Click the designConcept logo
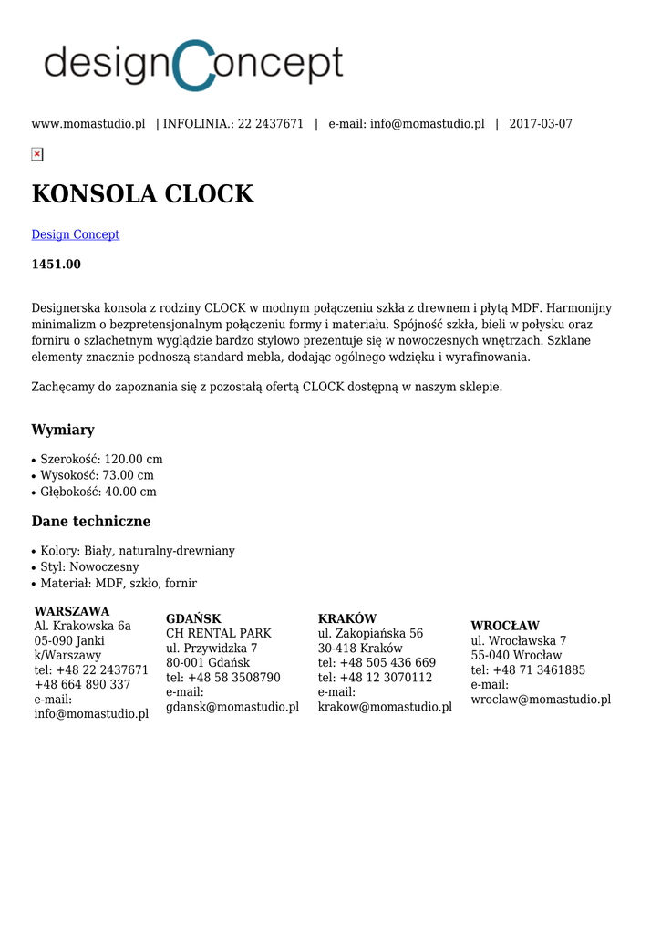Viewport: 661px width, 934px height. tap(193, 65)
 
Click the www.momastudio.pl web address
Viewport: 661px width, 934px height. tap(88, 124)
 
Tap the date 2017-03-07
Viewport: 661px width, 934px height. tap(541, 124)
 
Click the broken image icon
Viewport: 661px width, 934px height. tap(37, 154)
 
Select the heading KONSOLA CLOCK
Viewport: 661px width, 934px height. tap(142, 194)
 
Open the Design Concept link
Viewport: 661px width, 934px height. tap(76, 234)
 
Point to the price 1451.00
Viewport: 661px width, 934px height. tap(57, 265)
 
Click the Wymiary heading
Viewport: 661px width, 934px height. tap(63, 430)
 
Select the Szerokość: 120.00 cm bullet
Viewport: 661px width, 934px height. tap(101, 460)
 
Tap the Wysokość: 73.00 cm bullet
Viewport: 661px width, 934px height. tap(97, 476)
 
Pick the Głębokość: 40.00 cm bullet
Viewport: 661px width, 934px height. tap(98, 493)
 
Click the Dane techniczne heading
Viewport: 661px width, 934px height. tap(91, 522)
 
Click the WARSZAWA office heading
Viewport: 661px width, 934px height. tap(72, 611)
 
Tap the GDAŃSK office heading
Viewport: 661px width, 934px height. tap(193, 618)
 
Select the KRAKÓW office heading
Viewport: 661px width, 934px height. tap(347, 618)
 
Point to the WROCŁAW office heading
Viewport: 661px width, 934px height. tap(505, 626)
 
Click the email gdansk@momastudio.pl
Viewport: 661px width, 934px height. tap(232, 707)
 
